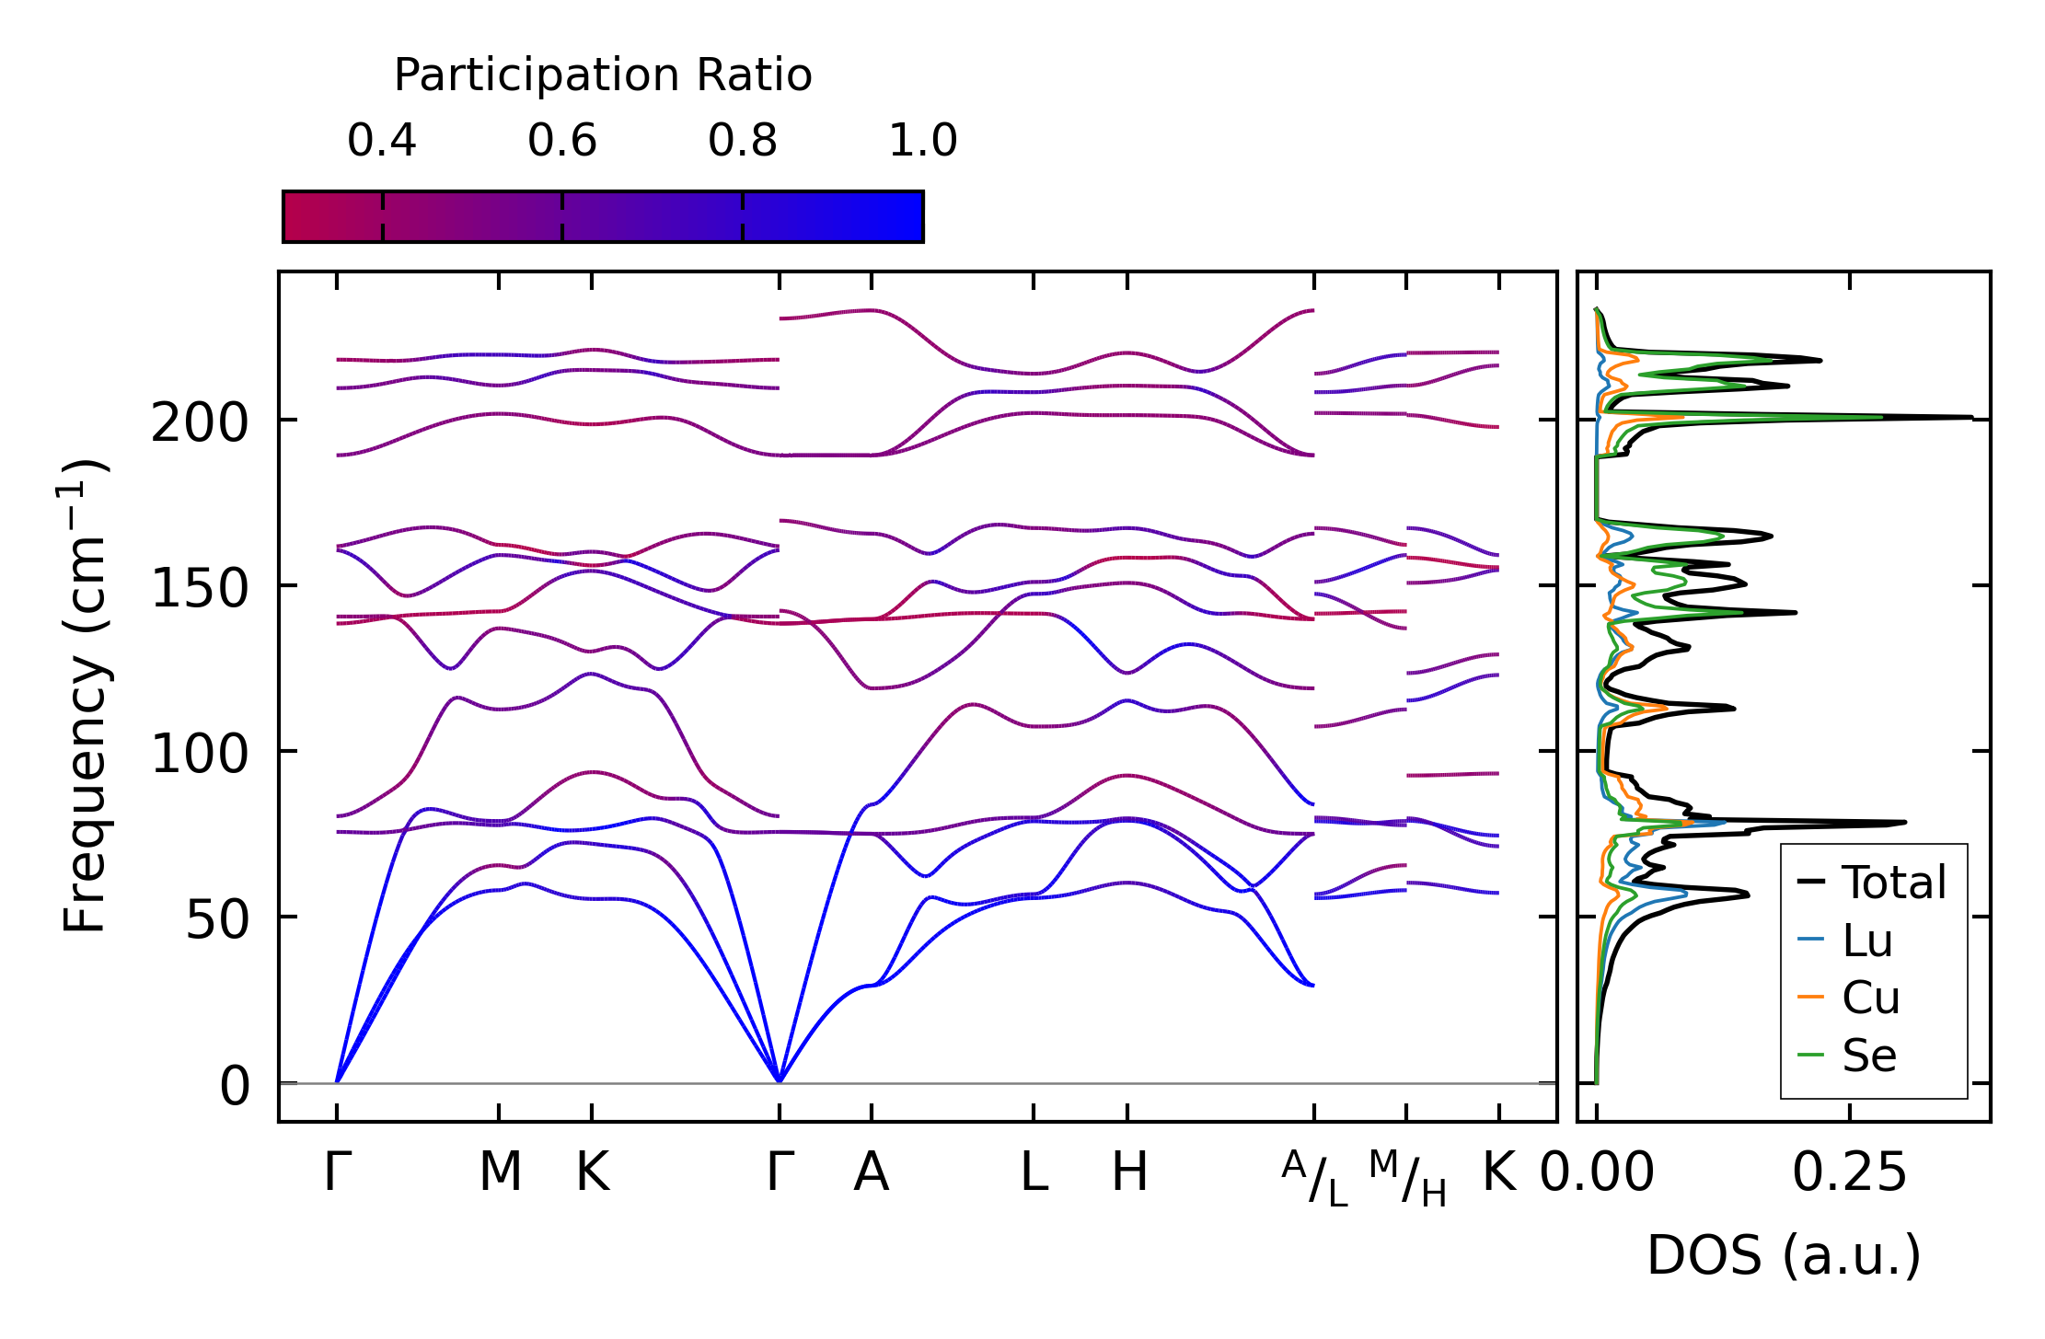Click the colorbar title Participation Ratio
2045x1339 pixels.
(x=603, y=75)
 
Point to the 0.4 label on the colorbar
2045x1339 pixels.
(x=381, y=142)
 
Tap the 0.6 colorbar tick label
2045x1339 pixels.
(x=561, y=142)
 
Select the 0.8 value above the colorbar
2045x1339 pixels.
(x=742, y=142)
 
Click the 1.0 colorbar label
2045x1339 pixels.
(x=922, y=142)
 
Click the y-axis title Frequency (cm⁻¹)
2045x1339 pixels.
(x=85, y=696)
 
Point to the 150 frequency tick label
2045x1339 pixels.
(x=200, y=589)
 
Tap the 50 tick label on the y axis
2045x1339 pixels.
(x=217, y=920)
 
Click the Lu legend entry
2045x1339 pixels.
(x=1866, y=941)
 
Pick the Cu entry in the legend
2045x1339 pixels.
(x=1870, y=998)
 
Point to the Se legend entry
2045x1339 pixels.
(x=1868, y=1056)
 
